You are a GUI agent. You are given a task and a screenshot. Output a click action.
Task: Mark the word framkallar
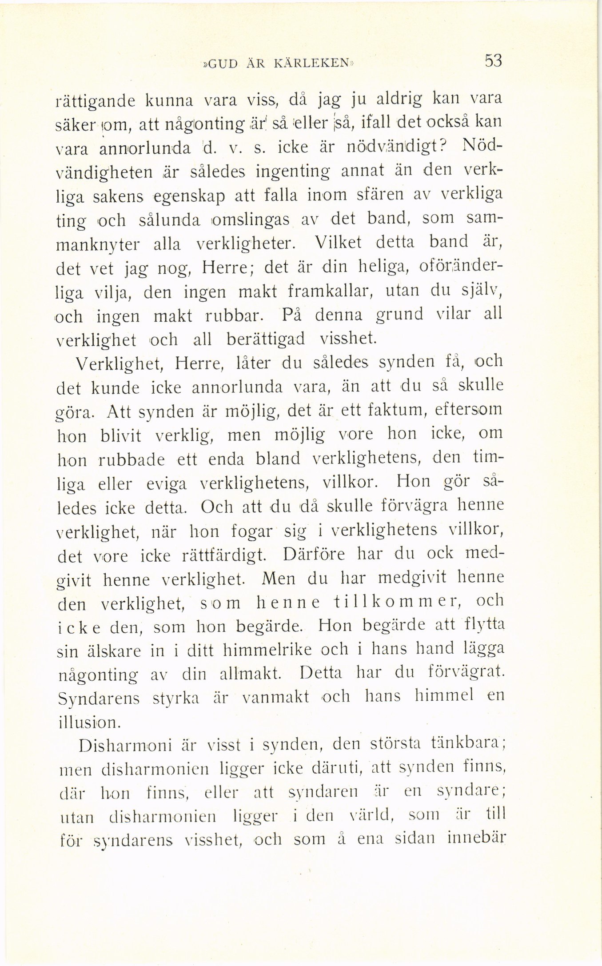(x=328, y=291)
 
